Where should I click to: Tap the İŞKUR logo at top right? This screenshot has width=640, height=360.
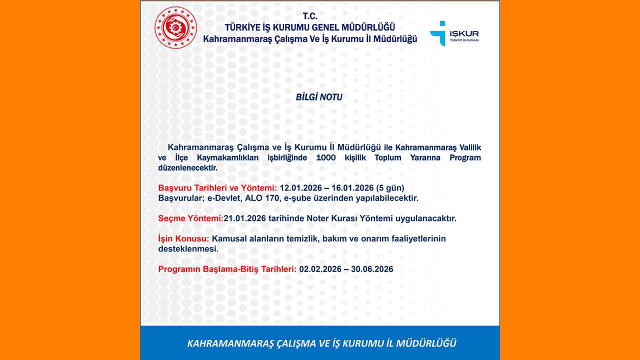[454, 33]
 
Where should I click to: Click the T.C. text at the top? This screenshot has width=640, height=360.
[310, 16]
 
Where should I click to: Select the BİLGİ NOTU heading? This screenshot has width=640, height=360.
[319, 97]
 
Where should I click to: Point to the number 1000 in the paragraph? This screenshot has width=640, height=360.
[327, 158]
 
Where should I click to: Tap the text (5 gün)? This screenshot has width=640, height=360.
[390, 188]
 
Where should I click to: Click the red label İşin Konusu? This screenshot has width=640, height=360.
[183, 239]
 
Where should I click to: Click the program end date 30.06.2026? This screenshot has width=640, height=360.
[372, 269]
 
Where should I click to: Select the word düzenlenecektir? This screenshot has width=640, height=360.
[188, 168]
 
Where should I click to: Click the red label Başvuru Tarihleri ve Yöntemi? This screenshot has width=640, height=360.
[217, 188]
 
